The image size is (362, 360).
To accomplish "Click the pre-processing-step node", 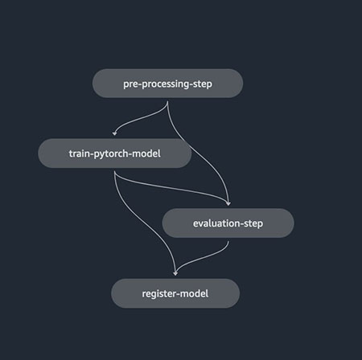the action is point(167,84).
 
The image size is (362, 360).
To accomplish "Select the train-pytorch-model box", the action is point(115,153).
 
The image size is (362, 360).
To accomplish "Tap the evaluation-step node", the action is point(228,223).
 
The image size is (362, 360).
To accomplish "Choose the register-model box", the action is point(175,293).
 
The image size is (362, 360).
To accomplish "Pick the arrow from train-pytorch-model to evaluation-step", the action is point(171,188).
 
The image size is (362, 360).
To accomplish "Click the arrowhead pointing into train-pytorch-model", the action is point(115,133).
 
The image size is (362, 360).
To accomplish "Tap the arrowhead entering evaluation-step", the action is point(228,203).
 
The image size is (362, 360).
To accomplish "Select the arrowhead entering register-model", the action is point(175,273).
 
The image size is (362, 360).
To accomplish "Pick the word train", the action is point(80,153).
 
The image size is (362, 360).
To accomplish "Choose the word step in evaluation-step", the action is point(253,224).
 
